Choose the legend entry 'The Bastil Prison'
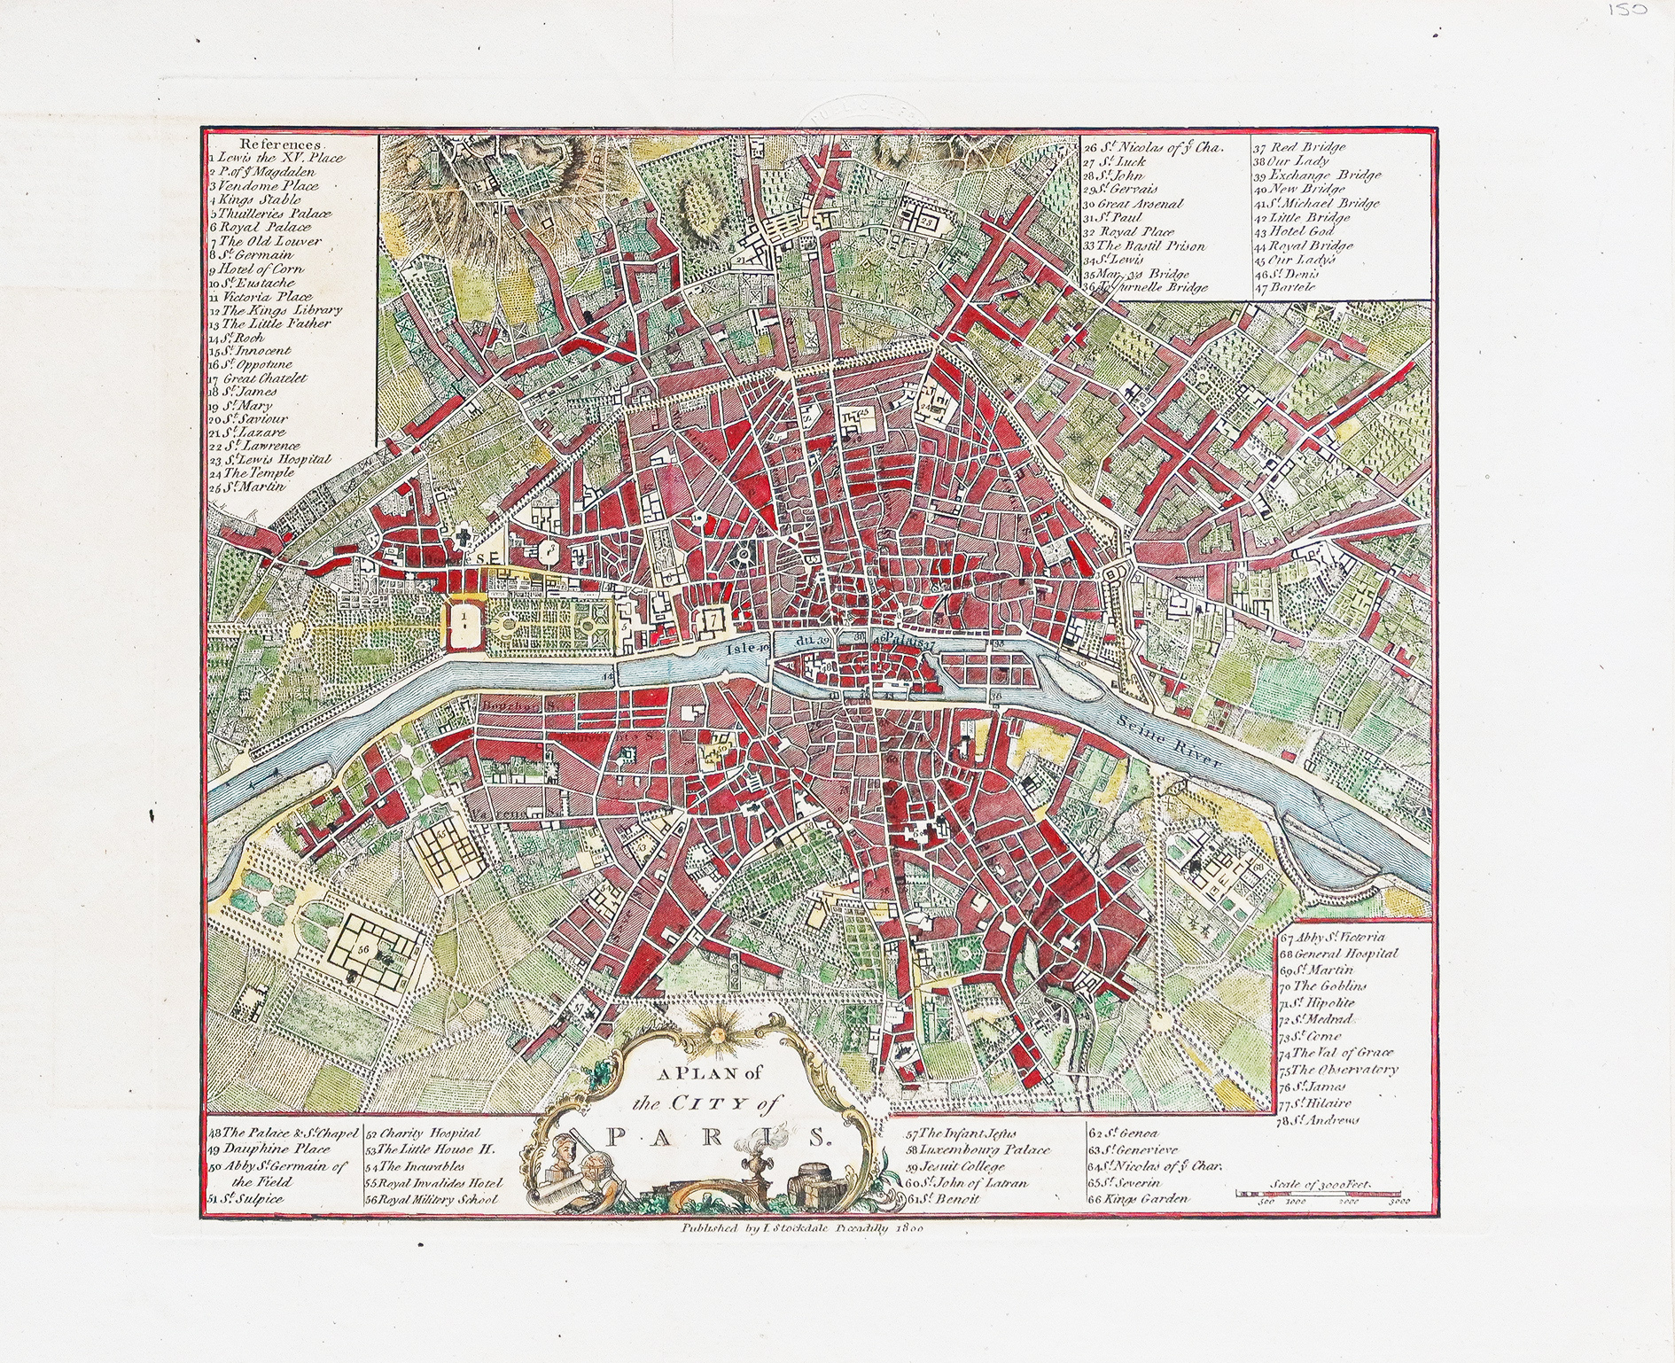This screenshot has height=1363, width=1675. pos(1149,245)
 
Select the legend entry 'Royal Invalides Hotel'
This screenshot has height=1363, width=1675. pos(434,1182)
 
